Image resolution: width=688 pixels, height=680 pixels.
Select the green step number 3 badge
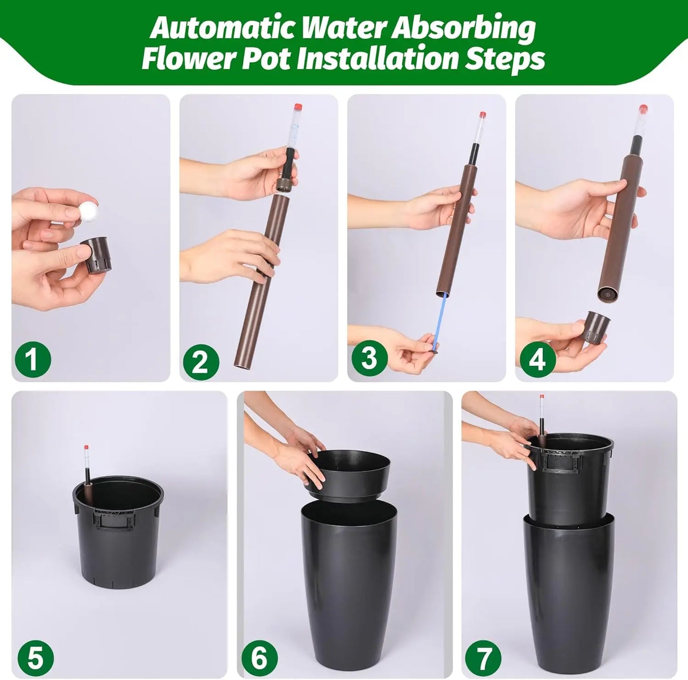point(369,357)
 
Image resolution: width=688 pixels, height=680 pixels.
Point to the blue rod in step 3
point(439,319)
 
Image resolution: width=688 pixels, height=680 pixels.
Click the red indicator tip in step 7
point(542,397)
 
